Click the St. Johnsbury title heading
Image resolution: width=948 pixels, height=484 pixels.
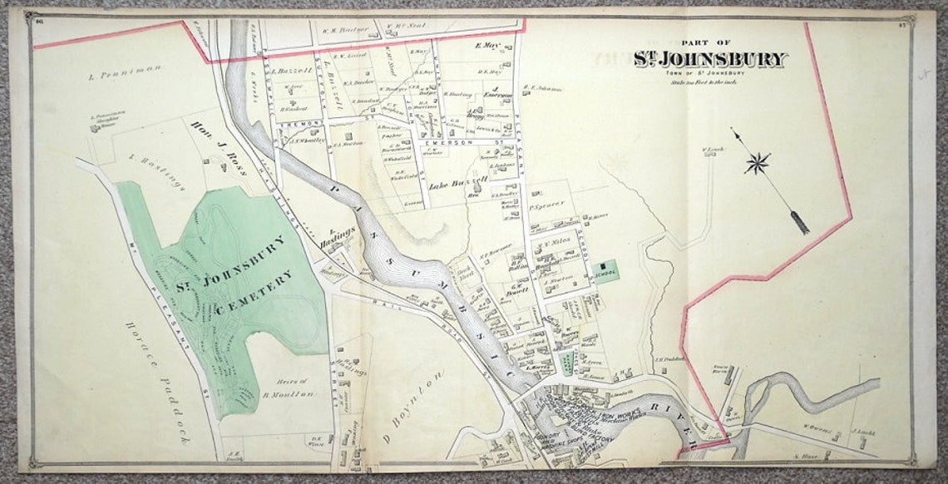709,59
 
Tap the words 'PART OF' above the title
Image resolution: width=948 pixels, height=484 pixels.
705,42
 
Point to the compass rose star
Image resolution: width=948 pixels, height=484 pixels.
756,162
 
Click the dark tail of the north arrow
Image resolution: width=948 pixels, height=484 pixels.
799,222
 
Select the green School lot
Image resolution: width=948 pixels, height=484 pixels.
606,271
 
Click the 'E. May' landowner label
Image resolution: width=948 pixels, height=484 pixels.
487,47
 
